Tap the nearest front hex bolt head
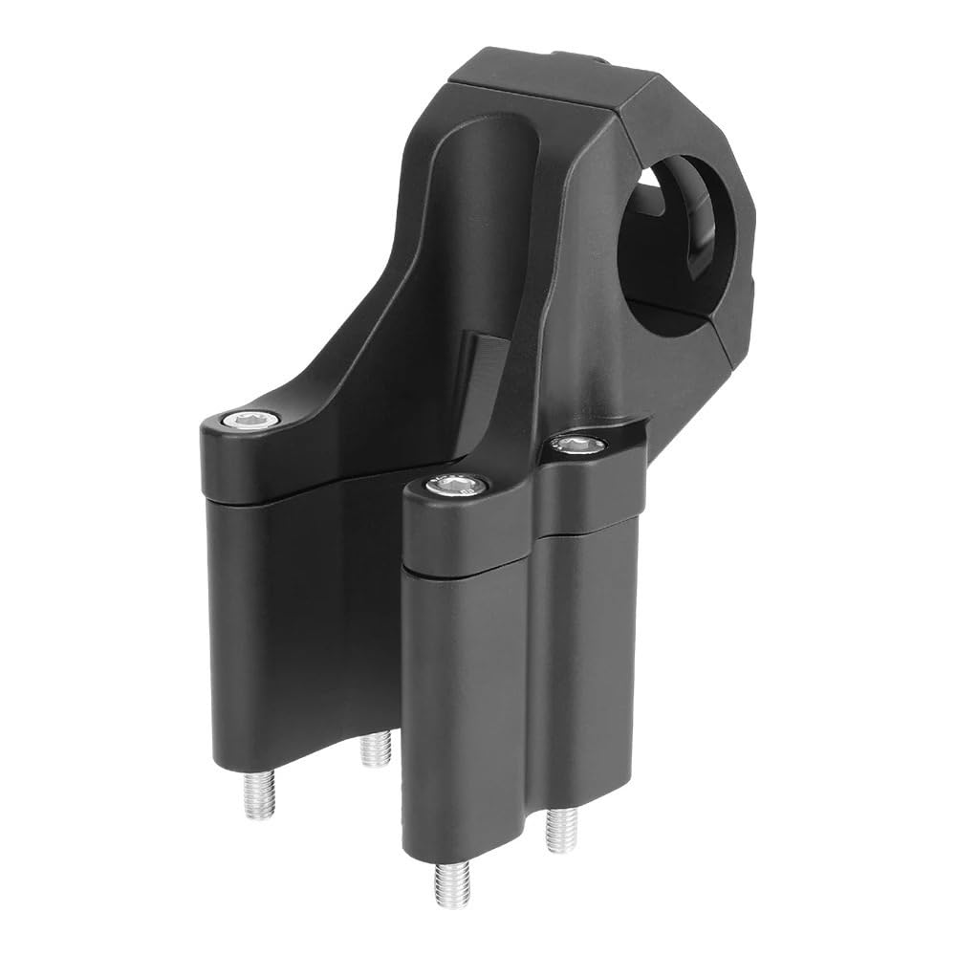[x=450, y=487]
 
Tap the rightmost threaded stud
[x=560, y=829]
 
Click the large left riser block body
[x=287, y=621]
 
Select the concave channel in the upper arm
[x=478, y=210]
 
